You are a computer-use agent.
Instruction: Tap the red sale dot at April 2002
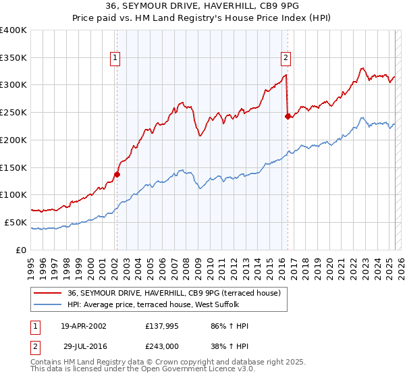[117, 174]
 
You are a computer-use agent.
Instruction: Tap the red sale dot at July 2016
[288, 116]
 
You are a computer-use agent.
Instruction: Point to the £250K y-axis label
[13, 113]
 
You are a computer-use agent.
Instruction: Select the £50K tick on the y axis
[16, 222]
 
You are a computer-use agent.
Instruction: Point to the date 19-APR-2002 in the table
[84, 326]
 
